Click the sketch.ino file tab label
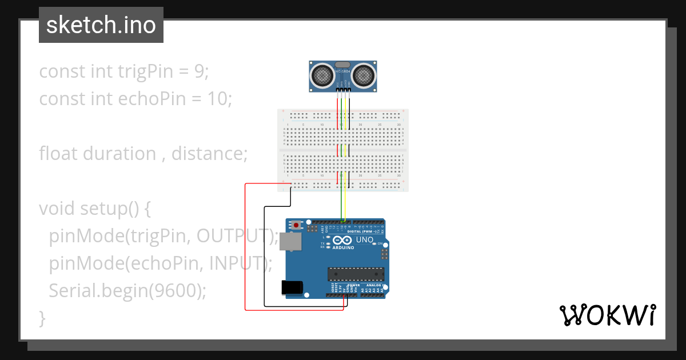coord(101,25)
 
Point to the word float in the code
coord(59,154)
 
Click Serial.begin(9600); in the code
coord(127,290)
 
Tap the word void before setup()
coord(57,209)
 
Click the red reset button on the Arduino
coord(296,226)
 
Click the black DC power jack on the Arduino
coord(292,287)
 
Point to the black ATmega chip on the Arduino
coord(356,274)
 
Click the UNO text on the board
coord(365,240)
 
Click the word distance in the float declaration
coord(209,154)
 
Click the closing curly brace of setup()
coord(42,318)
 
